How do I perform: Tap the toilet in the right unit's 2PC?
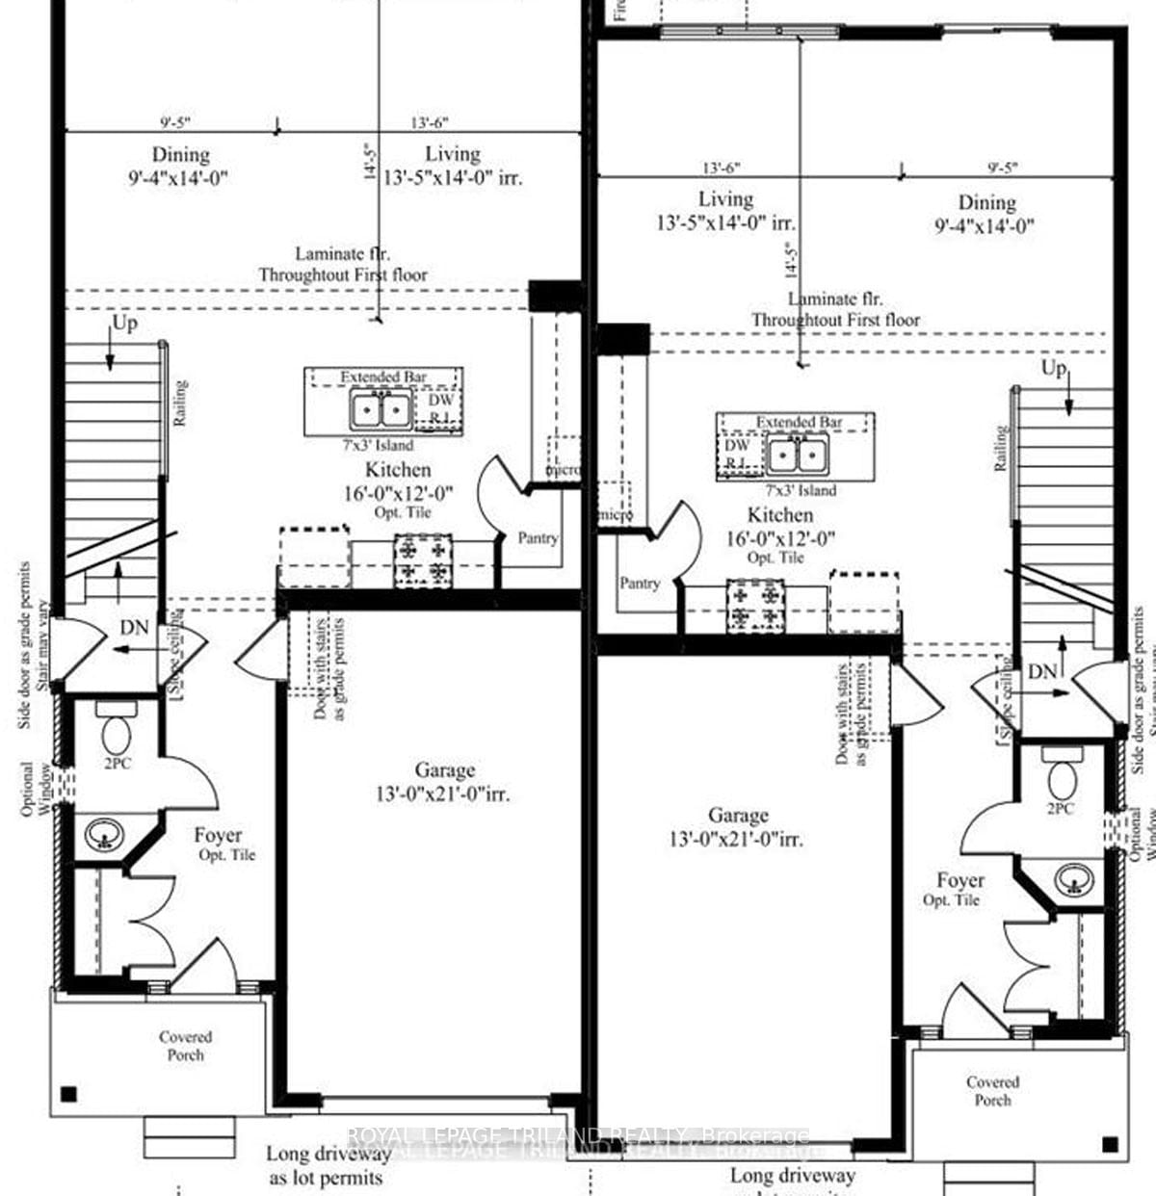(x=1064, y=776)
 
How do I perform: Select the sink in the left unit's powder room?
(x=102, y=835)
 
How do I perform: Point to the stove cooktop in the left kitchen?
(x=423, y=560)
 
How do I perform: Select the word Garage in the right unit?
(x=738, y=815)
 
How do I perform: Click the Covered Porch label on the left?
(x=185, y=1046)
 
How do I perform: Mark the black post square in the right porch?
(x=1110, y=1144)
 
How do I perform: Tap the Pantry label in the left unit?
(x=537, y=538)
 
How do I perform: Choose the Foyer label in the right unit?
(x=960, y=880)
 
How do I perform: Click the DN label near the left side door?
(x=134, y=628)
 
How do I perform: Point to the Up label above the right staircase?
(x=1054, y=369)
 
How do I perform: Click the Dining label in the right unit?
(x=986, y=202)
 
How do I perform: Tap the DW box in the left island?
(x=440, y=401)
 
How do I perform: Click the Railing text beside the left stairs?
(x=180, y=403)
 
